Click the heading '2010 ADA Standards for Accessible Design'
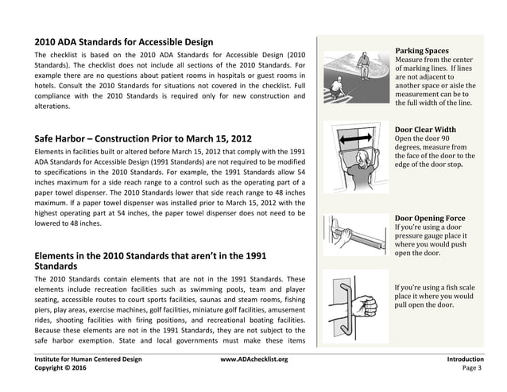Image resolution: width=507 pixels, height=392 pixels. pos(122,41)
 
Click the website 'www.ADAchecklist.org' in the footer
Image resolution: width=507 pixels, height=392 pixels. pos(253,359)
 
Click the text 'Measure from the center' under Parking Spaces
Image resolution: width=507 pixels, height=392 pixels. pos(435,60)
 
